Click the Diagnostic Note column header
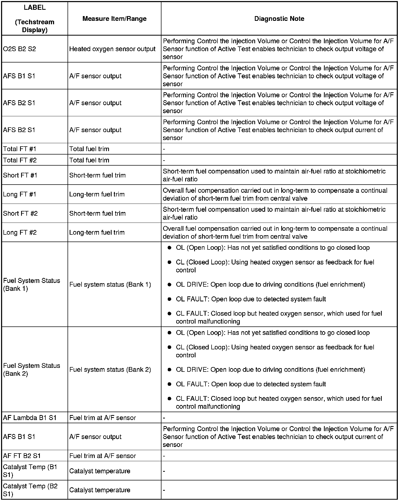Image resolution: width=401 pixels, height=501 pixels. pos(279,19)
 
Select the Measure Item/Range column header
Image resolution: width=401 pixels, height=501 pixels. pos(114,19)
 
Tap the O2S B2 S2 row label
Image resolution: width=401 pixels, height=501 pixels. pos(20,49)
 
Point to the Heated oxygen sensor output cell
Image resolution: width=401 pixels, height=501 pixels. pos(112,49)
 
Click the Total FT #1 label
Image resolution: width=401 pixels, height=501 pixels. pos(20,149)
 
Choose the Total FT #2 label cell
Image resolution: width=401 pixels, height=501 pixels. pos(20,160)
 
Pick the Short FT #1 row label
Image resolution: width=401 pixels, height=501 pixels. pos(20,175)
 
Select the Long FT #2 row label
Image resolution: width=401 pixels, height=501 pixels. pos(20,233)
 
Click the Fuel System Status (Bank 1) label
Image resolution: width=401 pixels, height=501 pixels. pos(32,285)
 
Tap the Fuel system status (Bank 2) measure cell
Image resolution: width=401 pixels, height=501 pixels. pos(110,370)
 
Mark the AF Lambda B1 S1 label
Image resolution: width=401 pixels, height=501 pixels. pos(30,418)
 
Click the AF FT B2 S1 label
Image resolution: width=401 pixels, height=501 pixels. pos(22,456)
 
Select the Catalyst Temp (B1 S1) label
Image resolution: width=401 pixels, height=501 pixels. pos(30,471)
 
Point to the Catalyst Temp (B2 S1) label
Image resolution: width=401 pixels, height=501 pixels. pos(30,490)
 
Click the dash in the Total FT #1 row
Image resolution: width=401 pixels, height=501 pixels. pos(164,149)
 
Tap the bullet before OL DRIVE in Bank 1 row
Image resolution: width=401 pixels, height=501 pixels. pos(170,285)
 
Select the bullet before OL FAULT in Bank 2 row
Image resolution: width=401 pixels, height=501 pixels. pos(170,384)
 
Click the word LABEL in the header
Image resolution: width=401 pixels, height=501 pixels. pos(35,8)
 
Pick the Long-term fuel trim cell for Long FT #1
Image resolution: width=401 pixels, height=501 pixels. pos(97,194)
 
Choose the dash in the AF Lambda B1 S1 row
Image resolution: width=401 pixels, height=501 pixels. pos(164,418)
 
